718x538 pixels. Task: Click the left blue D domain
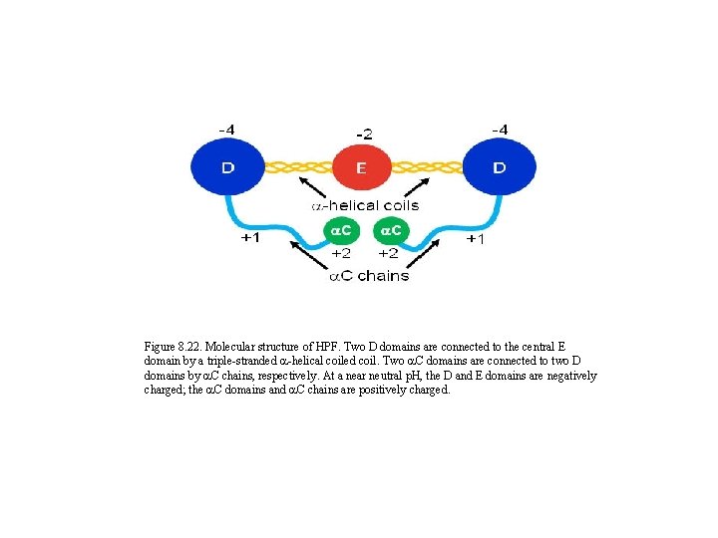point(227,167)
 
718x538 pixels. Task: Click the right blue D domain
point(498,167)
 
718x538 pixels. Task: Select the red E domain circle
point(361,167)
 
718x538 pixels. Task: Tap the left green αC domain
point(340,231)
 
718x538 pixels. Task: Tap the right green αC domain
point(389,231)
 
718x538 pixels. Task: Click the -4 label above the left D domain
point(227,130)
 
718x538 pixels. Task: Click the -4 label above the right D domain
point(499,130)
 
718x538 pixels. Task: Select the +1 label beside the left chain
point(251,239)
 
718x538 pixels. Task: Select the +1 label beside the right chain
point(476,240)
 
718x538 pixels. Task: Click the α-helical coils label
point(365,205)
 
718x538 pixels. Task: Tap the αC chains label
point(369,275)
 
